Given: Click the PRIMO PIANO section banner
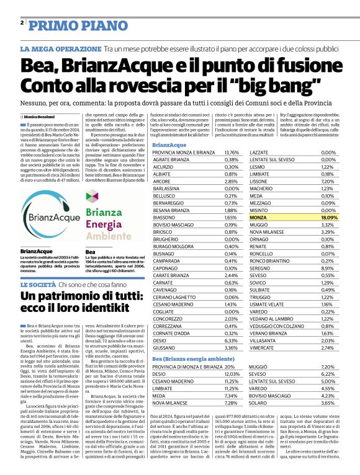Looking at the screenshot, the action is tap(63, 24).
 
